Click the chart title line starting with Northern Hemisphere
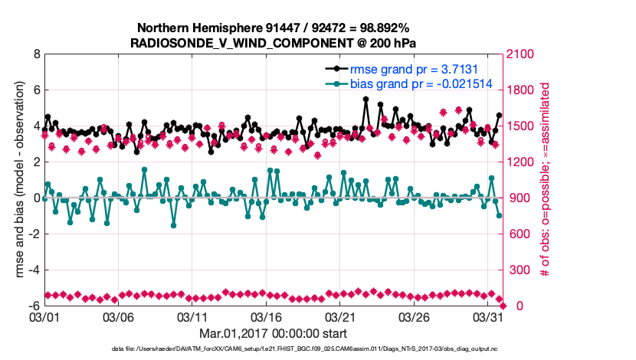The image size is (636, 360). point(274,28)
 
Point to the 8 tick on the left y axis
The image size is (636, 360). point(36,54)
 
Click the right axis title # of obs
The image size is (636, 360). point(546,180)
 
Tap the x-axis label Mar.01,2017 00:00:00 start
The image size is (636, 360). point(274,333)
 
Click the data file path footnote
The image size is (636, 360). point(274,349)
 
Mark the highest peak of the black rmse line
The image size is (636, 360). point(366,100)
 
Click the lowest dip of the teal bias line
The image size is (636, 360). point(174,224)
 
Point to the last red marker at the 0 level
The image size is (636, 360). point(503,306)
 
